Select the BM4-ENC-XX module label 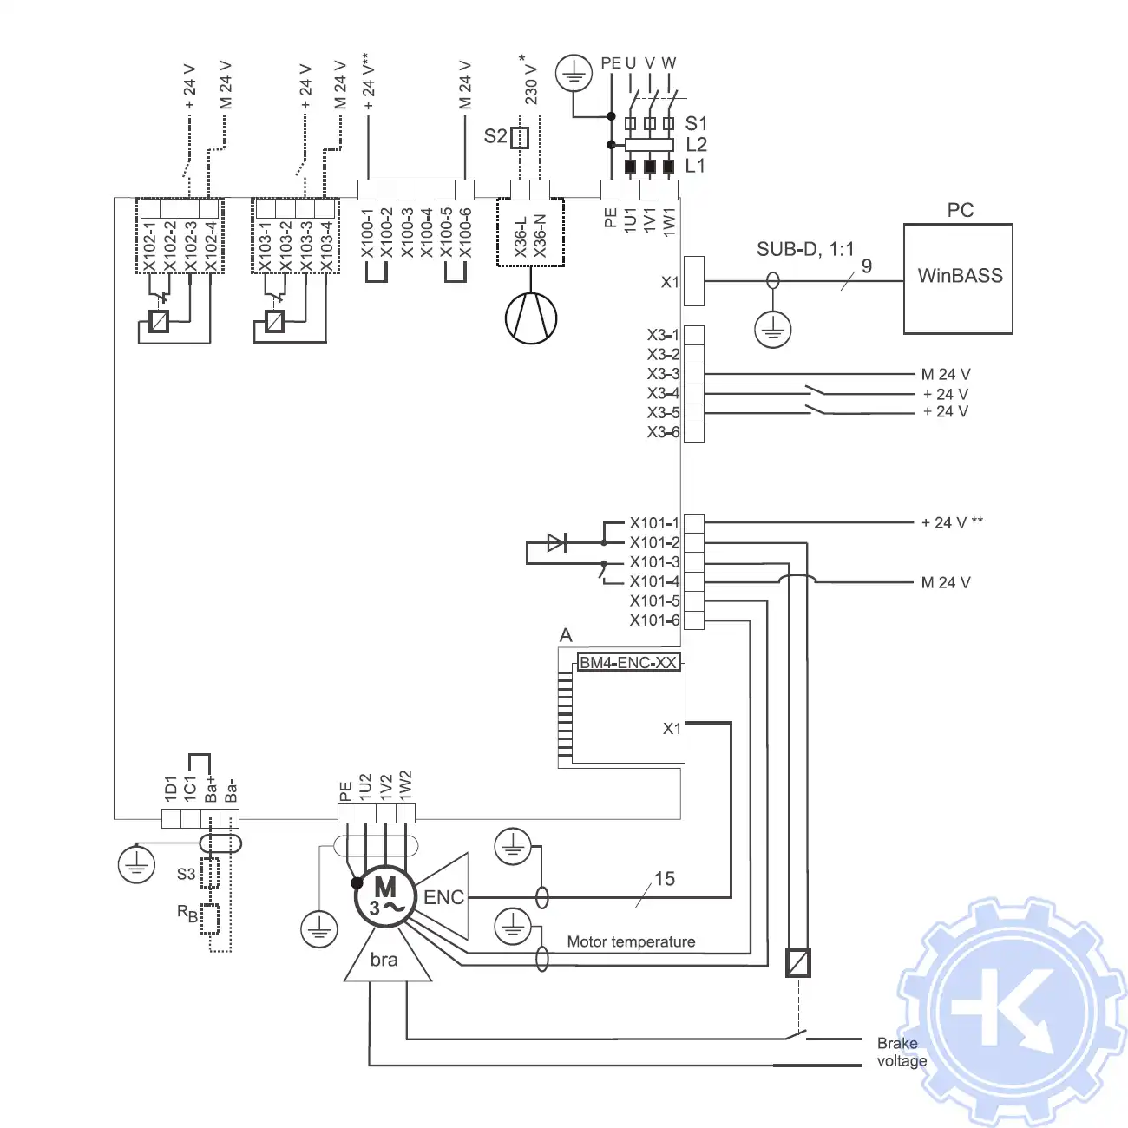pos(628,663)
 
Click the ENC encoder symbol pos(443,897)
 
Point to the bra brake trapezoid pos(384,959)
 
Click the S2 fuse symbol pos(519,137)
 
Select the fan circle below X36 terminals pos(531,318)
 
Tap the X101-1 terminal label pos(654,523)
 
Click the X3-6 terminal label pos(663,432)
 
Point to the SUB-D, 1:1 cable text pos(804,250)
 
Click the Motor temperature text pos(631,942)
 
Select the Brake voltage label pos(901,1052)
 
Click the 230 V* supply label pos(531,80)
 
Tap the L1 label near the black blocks pos(696,166)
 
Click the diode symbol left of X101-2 pos(556,543)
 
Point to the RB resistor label pos(187,913)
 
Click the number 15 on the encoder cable pos(665,879)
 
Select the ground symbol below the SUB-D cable pos(772,329)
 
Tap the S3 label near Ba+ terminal pos(186,874)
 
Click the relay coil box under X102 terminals pos(159,321)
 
